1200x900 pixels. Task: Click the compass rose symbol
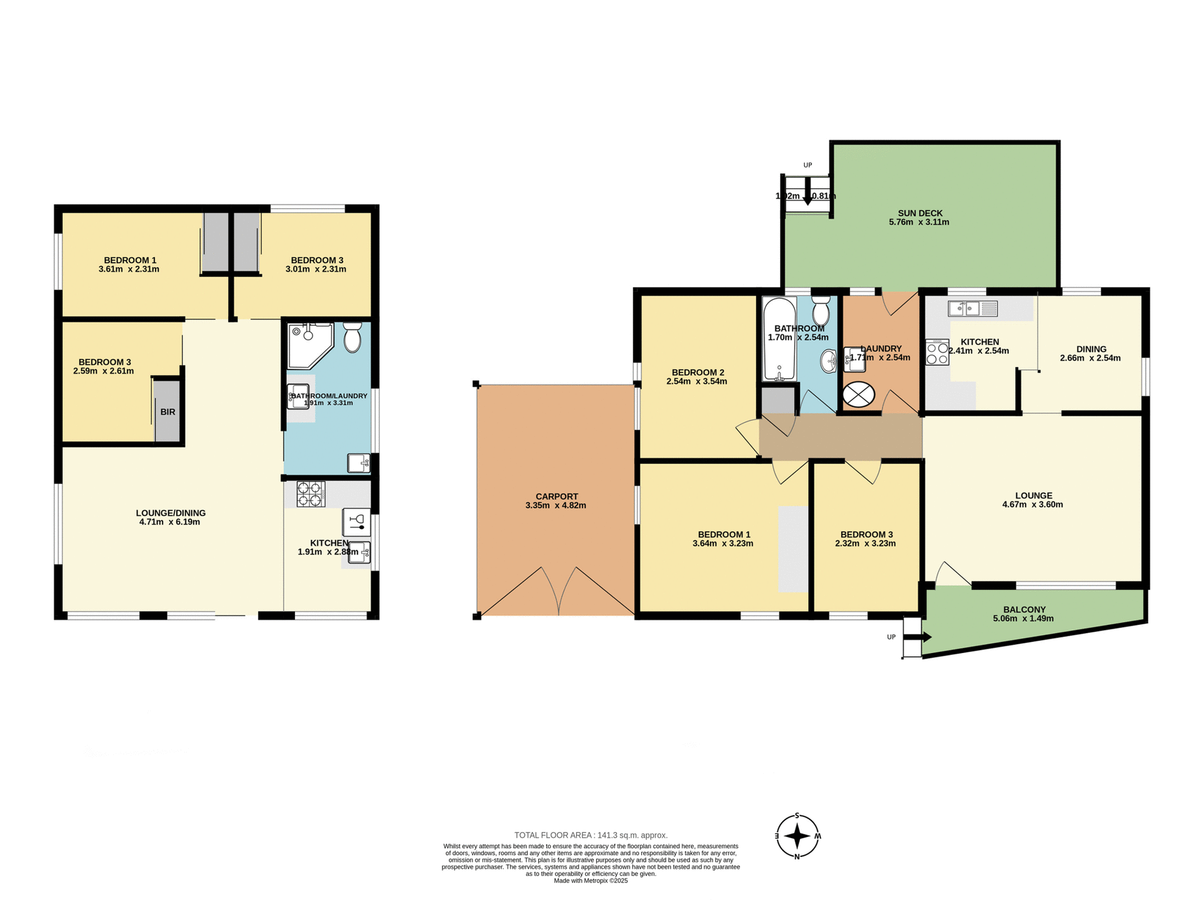(x=797, y=836)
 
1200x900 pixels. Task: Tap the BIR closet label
(x=167, y=412)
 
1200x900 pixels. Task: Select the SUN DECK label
(x=919, y=213)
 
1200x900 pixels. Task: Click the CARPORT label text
(x=556, y=496)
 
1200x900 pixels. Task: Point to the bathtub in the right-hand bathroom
(x=779, y=339)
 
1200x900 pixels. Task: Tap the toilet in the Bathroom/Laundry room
(x=352, y=338)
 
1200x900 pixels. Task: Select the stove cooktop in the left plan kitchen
(x=311, y=494)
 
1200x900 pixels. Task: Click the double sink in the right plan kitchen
(x=972, y=309)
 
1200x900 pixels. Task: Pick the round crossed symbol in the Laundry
(x=859, y=394)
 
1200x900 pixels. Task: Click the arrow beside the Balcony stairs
(x=923, y=637)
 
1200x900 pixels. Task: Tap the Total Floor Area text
(x=591, y=835)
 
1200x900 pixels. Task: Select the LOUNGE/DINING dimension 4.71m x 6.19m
(x=169, y=522)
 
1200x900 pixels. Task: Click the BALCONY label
(x=1024, y=609)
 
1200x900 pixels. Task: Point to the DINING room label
(x=1091, y=349)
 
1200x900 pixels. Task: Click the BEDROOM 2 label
(x=697, y=372)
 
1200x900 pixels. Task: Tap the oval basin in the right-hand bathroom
(x=829, y=361)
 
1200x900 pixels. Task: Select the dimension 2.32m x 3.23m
(x=865, y=544)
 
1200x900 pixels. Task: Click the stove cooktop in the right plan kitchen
(x=937, y=352)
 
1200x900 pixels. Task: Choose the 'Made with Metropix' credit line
(x=591, y=881)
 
